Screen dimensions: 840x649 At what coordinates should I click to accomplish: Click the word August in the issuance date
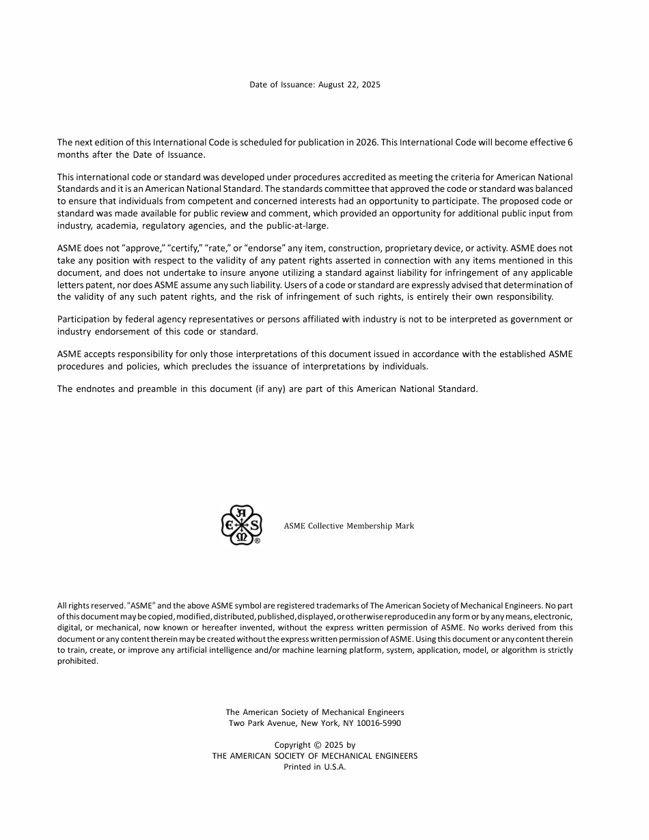pos(332,85)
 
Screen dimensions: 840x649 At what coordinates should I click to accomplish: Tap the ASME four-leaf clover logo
pos(241,525)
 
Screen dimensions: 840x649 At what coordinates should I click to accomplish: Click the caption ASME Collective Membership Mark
pos(348,526)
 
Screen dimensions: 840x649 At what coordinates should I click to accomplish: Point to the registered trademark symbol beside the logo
pos(257,541)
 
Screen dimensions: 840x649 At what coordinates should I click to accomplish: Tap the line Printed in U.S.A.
pos(315,767)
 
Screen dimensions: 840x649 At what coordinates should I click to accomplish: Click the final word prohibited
pos(77,661)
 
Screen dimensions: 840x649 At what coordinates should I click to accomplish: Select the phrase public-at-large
pos(299,226)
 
